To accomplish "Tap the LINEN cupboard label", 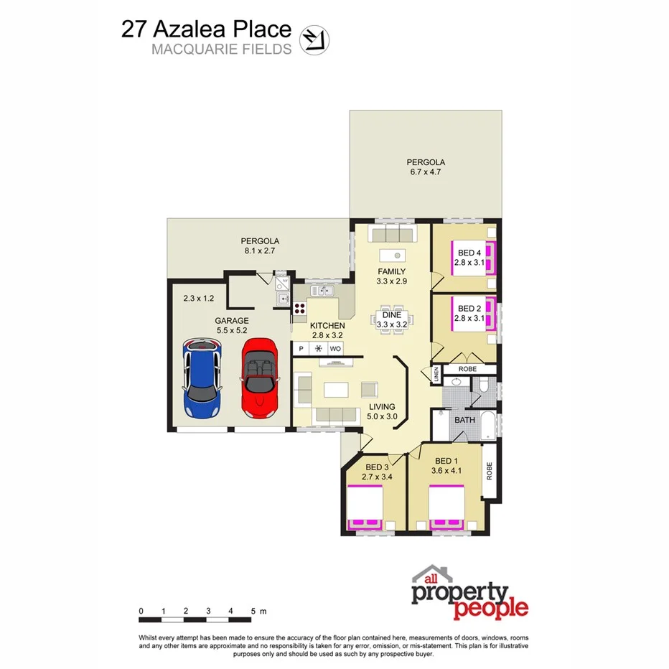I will (x=436, y=375).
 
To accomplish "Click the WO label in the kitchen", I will (x=335, y=349).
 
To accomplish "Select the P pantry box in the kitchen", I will (x=301, y=349).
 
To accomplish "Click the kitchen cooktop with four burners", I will (x=299, y=310).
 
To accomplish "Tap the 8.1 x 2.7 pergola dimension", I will (x=259, y=251).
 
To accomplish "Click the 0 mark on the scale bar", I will (x=141, y=612).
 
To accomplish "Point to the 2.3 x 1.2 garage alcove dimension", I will (x=199, y=297).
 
